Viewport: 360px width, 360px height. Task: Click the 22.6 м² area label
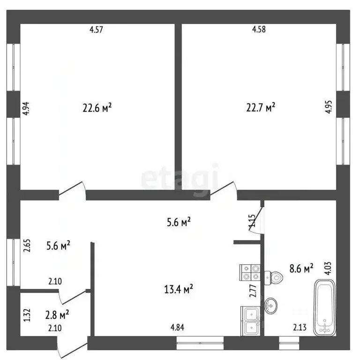coord(97,107)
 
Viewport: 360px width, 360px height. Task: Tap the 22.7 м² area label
coord(261,107)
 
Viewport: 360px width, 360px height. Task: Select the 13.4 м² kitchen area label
coord(179,289)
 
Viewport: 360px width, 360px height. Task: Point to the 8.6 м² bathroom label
coord(301,268)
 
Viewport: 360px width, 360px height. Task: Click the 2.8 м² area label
coord(57,315)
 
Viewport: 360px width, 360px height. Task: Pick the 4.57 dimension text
coord(96,30)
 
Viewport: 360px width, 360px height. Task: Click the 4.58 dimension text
coord(259,30)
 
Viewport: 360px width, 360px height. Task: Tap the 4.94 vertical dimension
coord(26,108)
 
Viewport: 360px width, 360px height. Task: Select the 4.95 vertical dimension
coord(328,107)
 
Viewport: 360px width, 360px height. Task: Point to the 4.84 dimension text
coord(177,327)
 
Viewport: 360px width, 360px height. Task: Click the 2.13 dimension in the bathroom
coord(300,327)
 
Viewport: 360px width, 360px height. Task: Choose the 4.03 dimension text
coord(328,269)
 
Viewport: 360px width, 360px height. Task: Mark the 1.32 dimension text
coord(27,315)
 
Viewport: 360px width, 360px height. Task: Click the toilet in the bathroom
coord(273,278)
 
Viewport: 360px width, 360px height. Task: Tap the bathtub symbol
coord(325,307)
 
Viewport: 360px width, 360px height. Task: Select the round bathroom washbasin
coord(270,306)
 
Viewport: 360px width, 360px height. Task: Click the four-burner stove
coord(250,272)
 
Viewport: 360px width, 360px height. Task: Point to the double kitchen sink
coord(251,321)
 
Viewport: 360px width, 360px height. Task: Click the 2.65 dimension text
coord(27,246)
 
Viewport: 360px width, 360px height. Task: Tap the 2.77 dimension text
coord(253,291)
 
